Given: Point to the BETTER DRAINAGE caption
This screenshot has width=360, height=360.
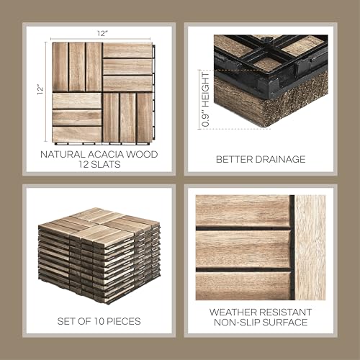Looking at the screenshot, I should tap(260, 159).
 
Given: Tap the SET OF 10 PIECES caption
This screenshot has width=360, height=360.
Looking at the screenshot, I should tap(99, 320).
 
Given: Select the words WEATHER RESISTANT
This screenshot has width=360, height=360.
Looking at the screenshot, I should tap(261, 312).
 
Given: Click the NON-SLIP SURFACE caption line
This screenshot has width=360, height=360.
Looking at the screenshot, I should tap(261, 324).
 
